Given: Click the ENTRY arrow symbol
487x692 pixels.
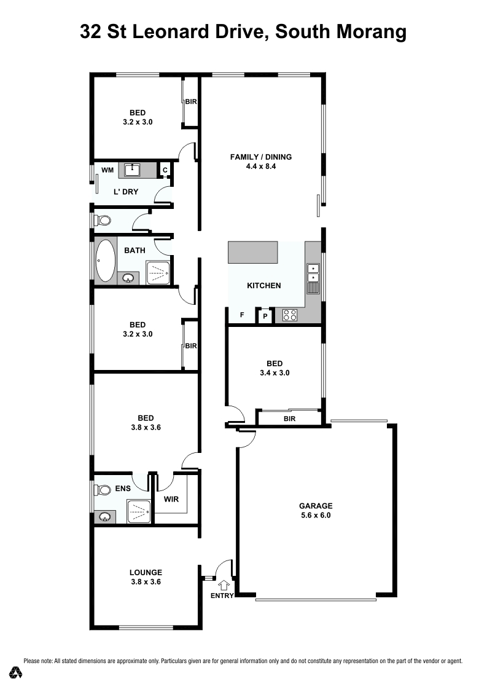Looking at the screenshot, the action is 225,585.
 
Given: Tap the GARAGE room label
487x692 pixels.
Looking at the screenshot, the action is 316,506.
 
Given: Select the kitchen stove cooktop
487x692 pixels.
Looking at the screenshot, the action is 290,315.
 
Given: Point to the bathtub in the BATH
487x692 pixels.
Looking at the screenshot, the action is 106,261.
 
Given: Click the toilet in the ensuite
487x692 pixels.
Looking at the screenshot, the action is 103,489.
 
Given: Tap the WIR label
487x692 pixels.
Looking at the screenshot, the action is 171,499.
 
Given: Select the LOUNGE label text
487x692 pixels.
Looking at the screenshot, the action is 146,572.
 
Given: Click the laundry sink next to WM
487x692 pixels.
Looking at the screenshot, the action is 132,170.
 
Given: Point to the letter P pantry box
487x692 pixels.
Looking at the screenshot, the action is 265,316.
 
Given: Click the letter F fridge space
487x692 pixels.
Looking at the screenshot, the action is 242,315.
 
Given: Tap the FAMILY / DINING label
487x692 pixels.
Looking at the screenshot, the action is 261,157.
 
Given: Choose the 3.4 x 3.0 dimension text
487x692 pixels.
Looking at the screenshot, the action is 275,372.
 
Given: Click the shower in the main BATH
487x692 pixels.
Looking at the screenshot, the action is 158,273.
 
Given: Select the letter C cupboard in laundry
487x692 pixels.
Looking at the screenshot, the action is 165,170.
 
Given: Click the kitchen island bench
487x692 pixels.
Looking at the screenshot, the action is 253,253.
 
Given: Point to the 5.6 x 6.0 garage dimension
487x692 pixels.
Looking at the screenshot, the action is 316,515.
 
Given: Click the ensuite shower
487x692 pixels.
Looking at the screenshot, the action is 139,511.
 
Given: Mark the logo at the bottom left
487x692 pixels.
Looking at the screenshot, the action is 17,672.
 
